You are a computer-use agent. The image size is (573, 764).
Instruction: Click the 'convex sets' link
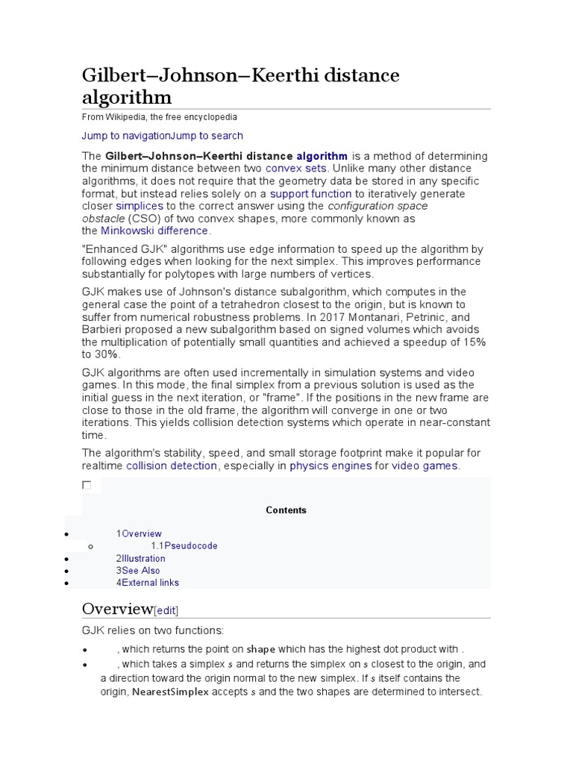[x=295, y=169]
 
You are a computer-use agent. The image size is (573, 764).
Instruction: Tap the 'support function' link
[x=310, y=194]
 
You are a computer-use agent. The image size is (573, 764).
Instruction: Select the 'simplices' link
[x=140, y=206]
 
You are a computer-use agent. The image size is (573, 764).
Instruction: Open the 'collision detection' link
[x=172, y=466]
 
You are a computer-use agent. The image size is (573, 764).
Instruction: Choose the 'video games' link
[x=425, y=466]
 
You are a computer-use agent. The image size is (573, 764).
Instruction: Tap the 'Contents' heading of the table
[x=286, y=510]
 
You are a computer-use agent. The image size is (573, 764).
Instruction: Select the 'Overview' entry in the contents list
[x=142, y=534]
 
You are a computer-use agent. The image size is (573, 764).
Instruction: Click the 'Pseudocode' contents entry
[x=191, y=546]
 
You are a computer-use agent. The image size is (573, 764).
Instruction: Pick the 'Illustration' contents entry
[x=143, y=559]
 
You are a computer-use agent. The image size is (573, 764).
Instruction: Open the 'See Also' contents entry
[x=141, y=571]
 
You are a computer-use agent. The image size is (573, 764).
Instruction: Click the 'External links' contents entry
[x=150, y=583]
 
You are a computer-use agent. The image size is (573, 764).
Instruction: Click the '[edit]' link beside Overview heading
[x=166, y=610]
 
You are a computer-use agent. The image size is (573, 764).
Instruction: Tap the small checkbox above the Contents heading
[x=87, y=486]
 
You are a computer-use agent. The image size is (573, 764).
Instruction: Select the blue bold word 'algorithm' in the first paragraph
[x=322, y=156]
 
